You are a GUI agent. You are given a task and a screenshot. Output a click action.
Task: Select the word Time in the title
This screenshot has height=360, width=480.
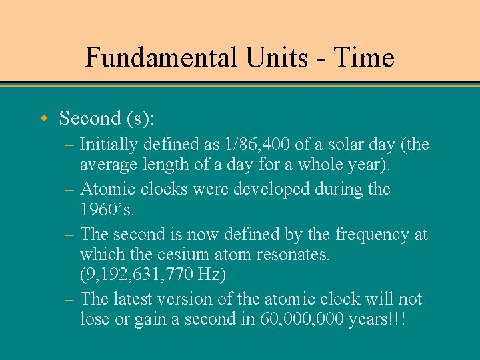tap(364, 57)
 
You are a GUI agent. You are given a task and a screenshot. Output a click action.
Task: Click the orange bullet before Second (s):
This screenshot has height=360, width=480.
tap(43, 119)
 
